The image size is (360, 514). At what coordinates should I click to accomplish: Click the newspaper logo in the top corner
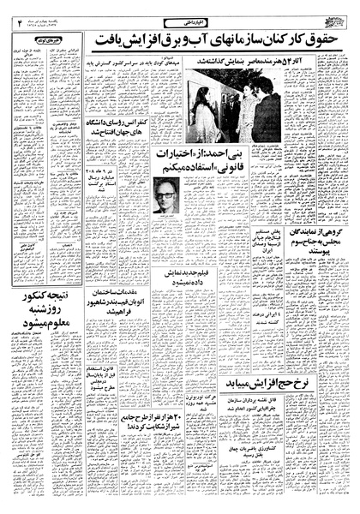(337, 16)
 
